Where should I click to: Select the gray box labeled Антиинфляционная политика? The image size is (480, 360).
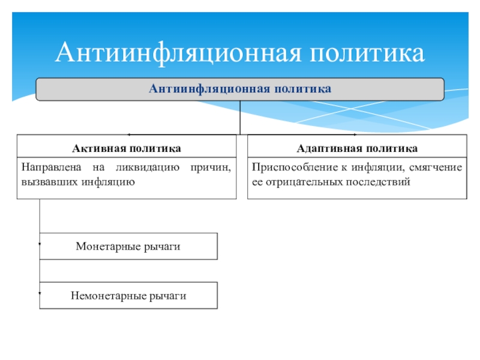(x=240, y=89)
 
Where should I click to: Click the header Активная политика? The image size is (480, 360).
(x=127, y=148)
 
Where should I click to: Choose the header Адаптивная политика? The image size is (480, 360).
(x=357, y=148)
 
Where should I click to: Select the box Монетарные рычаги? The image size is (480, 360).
(x=128, y=247)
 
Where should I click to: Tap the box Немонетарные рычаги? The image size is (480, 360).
(x=128, y=296)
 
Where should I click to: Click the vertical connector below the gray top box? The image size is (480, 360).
(x=240, y=117)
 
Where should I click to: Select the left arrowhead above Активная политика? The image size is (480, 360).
(x=128, y=134)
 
